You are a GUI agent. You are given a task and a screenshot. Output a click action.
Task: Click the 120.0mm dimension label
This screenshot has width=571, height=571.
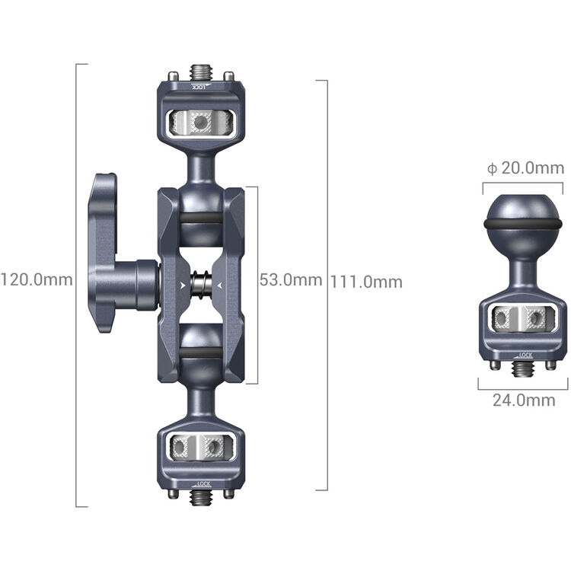tap(36, 280)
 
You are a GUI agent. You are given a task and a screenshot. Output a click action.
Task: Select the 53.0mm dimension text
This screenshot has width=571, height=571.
tap(291, 280)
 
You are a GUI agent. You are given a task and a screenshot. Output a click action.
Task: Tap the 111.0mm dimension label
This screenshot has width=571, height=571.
tap(366, 282)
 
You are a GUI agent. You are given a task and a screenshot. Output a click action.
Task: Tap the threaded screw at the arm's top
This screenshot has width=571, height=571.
tap(201, 72)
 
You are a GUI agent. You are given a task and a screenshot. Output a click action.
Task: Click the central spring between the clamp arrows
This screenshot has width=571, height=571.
tap(201, 285)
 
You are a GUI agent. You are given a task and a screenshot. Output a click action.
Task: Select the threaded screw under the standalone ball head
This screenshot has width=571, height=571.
tap(522, 368)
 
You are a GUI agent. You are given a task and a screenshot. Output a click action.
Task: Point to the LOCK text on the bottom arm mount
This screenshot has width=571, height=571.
tap(202, 483)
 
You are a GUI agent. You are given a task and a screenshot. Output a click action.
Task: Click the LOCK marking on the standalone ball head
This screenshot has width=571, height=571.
tap(524, 356)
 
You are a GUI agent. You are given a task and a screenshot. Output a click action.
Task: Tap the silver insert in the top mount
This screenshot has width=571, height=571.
tap(201, 120)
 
